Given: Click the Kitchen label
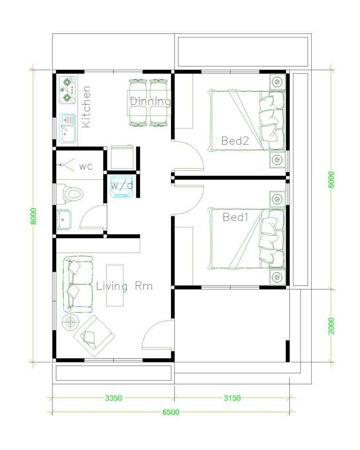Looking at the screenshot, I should (x=86, y=106).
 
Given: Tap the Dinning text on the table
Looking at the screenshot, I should (x=150, y=101).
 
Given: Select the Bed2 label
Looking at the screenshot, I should (x=235, y=141).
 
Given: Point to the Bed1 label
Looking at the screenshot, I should (x=236, y=217).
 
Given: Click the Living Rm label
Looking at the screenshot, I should (x=124, y=286).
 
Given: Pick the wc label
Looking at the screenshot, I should (x=86, y=166).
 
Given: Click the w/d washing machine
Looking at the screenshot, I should (x=121, y=186).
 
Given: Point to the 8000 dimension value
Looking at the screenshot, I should (x=33, y=216).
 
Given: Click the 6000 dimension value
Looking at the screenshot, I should (x=331, y=180).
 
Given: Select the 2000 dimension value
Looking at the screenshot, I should (x=331, y=326).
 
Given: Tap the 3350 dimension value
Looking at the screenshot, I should (x=113, y=398).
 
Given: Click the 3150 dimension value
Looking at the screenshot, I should (x=232, y=398).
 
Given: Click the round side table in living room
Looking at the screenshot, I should (x=71, y=322).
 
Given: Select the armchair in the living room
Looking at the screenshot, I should (x=94, y=334).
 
